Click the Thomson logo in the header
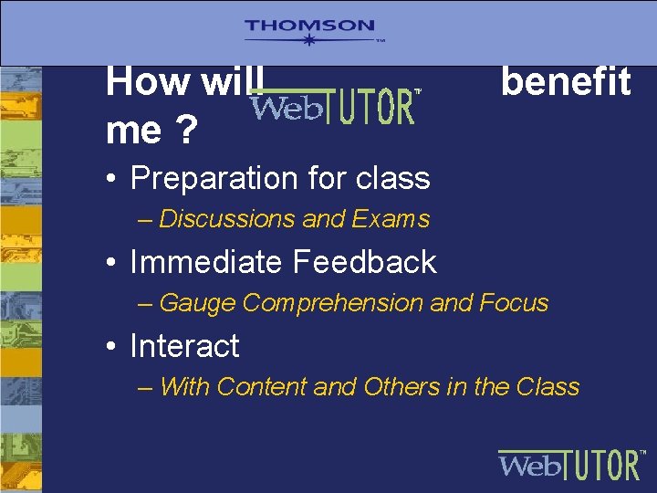coord(309,32)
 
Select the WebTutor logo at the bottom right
coord(571,464)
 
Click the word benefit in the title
coord(565,82)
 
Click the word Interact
coord(184,346)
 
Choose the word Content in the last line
coord(262,387)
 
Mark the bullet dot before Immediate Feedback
coord(111,263)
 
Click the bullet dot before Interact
coord(111,347)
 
